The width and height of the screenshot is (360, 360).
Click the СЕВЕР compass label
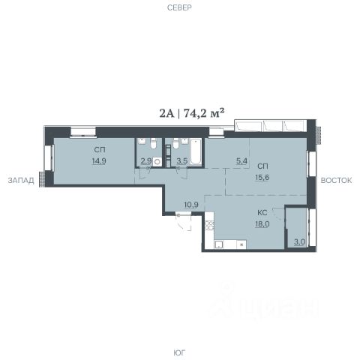point(179,7)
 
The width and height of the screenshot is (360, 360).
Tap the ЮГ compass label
point(179,352)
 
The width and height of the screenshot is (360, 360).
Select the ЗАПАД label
point(21,180)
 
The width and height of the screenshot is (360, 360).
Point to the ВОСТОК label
point(336,180)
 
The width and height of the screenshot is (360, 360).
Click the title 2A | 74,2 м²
point(191,113)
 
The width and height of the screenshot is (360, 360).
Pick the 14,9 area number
point(99,161)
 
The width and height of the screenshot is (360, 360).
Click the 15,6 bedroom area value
point(262,178)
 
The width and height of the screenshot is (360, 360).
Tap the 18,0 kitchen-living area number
point(262,224)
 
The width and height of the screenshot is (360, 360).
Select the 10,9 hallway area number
point(191,205)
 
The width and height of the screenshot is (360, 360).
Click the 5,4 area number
point(241,161)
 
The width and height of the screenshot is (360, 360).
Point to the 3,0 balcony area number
point(299,241)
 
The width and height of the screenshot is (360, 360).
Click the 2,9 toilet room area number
point(146,161)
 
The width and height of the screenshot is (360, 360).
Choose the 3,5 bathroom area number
point(182,161)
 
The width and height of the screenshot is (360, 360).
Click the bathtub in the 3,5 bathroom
point(196,152)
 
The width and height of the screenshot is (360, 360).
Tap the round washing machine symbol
point(157,161)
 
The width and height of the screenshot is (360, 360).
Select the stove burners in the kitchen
point(209,225)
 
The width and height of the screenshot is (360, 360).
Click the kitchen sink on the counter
point(219,244)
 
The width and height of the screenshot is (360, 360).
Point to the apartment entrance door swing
point(184,221)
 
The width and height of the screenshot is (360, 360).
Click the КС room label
point(262,213)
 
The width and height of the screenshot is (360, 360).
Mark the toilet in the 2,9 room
point(153,143)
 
